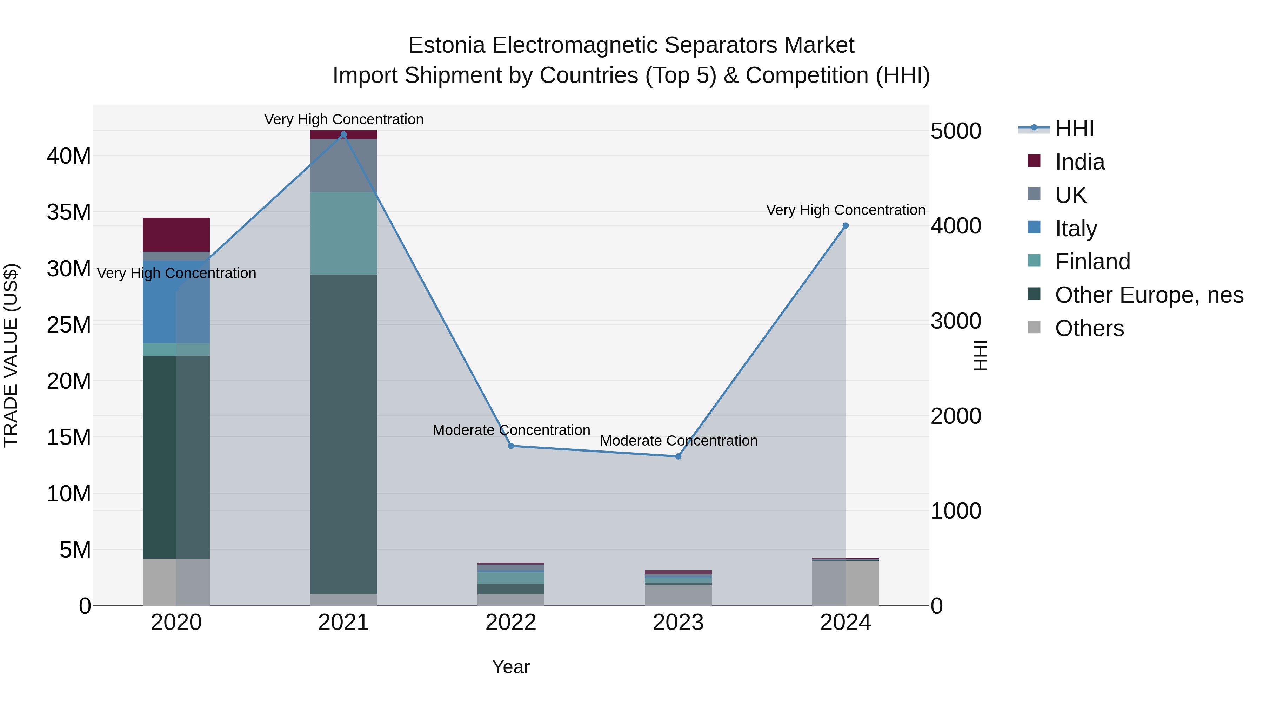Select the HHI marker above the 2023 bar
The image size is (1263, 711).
coord(678,456)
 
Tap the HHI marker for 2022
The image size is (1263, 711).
coord(511,446)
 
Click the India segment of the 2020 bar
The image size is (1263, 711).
coord(176,235)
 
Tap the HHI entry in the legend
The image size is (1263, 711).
coord(1074,129)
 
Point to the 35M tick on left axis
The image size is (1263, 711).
coord(69,212)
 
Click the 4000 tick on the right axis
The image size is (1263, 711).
coord(956,226)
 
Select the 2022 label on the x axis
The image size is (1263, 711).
coord(511,623)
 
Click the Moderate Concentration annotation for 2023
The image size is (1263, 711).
coord(679,441)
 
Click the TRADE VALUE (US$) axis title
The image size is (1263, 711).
coord(11,355)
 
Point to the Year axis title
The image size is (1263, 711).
coord(511,667)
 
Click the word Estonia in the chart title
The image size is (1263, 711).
coord(447,45)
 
